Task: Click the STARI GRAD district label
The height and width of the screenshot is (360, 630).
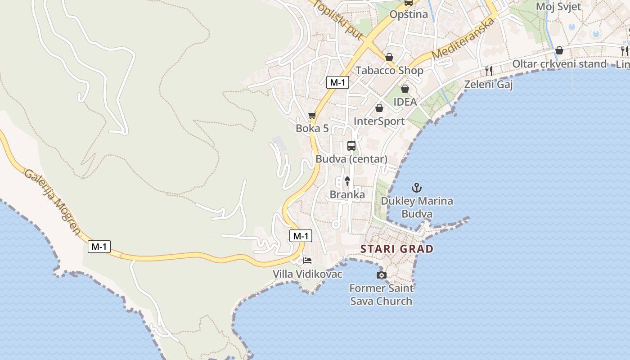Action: (x=397, y=249)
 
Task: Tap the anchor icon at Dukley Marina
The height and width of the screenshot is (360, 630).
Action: (x=417, y=187)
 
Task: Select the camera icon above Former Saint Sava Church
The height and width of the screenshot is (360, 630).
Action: (x=381, y=275)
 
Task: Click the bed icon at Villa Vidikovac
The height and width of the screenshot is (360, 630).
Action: (x=307, y=261)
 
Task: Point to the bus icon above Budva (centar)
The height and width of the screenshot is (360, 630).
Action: (x=351, y=146)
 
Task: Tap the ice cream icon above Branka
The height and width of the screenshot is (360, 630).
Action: (x=347, y=181)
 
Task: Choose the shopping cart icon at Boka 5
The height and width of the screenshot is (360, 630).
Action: (x=312, y=116)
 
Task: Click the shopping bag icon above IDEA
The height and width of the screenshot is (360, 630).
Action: (x=405, y=89)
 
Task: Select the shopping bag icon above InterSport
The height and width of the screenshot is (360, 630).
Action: (x=379, y=108)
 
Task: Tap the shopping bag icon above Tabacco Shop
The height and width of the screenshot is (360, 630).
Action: (x=389, y=57)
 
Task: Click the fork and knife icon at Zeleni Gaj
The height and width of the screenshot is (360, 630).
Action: (x=489, y=71)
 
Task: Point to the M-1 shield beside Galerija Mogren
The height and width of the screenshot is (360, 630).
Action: (x=99, y=246)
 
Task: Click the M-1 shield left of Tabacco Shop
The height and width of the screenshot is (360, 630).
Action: (x=337, y=82)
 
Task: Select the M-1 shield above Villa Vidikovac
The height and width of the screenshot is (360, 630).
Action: (x=300, y=236)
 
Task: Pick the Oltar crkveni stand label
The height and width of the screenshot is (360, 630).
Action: (x=559, y=64)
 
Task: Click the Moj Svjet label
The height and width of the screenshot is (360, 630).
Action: (x=558, y=7)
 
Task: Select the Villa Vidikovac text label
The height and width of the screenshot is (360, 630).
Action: (x=307, y=274)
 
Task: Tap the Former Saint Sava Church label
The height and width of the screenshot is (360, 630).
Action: (x=381, y=295)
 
